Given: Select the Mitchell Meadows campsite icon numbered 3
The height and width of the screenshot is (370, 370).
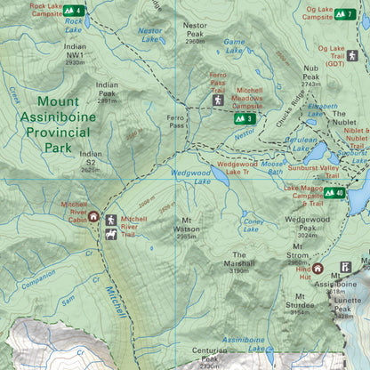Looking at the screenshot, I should [245, 118].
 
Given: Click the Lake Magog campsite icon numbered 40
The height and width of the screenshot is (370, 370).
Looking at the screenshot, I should [334, 192].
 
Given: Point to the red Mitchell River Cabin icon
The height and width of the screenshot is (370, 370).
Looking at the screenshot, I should [93, 216].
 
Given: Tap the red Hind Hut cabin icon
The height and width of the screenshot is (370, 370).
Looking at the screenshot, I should [318, 268].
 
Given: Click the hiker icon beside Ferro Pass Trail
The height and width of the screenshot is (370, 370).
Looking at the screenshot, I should [218, 101].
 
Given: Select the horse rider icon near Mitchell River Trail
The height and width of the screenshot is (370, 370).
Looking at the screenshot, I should [110, 235].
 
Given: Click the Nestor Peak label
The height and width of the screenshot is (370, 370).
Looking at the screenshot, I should [195, 31].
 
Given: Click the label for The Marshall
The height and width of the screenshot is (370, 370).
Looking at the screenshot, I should [238, 263].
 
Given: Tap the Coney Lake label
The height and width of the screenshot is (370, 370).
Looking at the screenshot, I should [253, 225].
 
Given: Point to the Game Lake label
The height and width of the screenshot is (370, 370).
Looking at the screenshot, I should [234, 46].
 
